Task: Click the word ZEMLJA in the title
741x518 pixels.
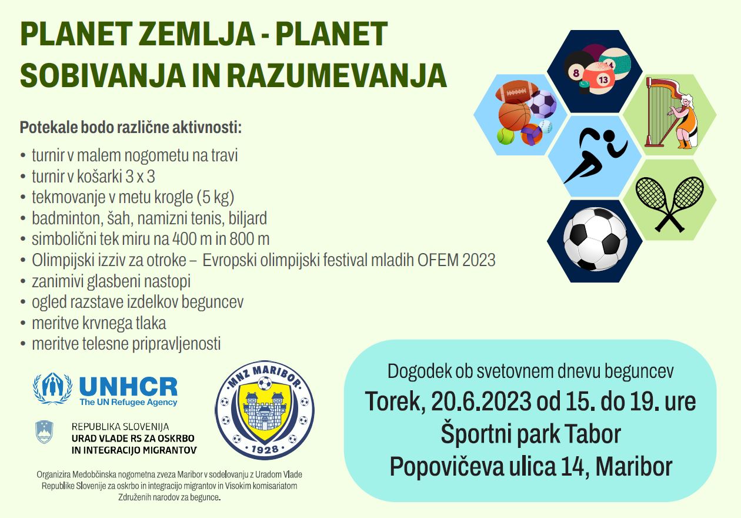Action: tap(197, 34)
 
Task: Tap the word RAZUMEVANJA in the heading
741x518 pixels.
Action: tap(337, 75)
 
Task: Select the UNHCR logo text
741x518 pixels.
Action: tap(128, 387)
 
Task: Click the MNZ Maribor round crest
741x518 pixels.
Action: tap(265, 410)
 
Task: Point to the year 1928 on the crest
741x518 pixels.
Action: tap(265, 449)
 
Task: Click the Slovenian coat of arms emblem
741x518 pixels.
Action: tap(44, 432)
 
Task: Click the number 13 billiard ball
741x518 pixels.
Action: tap(599, 77)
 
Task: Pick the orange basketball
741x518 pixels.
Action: tap(515, 116)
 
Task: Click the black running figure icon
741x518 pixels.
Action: tap(595, 155)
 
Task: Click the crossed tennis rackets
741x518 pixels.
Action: tap(670, 204)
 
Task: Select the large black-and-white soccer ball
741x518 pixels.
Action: tap(595, 240)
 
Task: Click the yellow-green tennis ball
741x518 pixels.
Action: tap(506, 136)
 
